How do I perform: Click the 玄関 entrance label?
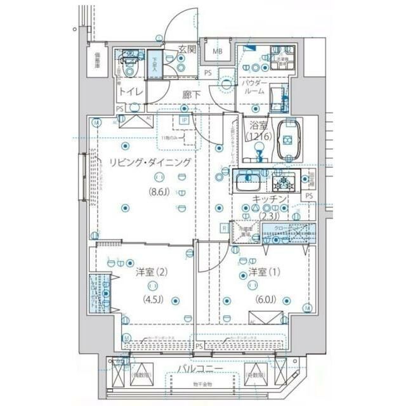[186, 49]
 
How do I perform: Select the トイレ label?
[131, 93]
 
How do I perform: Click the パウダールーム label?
[255, 88]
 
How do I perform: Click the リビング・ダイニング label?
[150, 162]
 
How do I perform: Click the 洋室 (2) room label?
[151, 272]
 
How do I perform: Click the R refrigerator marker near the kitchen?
[224, 228]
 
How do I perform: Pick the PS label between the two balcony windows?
[200, 346]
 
